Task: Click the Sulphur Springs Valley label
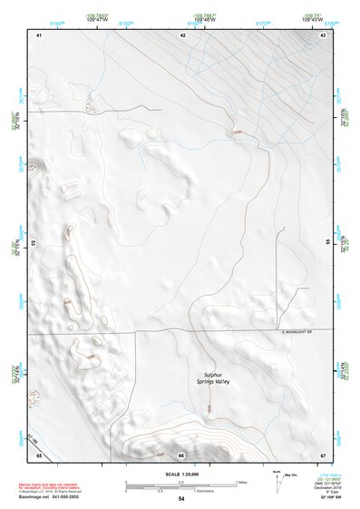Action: [215, 377]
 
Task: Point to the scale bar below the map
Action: [181, 485]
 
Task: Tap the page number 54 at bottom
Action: [181, 499]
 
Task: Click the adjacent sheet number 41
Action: [39, 34]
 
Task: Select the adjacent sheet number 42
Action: [182, 34]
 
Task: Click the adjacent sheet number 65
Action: [39, 454]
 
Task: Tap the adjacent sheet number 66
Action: [181, 455]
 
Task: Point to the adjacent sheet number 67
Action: [323, 454]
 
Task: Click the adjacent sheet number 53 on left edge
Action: [34, 243]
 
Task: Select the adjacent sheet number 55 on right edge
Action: [327, 243]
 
